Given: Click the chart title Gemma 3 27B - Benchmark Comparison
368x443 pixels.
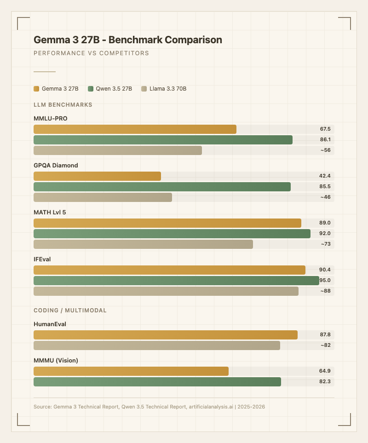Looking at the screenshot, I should [128, 40].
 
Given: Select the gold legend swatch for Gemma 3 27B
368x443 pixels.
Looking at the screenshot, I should [36, 89].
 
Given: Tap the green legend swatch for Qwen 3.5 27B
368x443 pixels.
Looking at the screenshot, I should [91, 89].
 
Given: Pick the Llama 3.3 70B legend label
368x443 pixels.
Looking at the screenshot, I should [167, 89].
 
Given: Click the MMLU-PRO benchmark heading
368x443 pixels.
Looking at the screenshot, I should [51, 118].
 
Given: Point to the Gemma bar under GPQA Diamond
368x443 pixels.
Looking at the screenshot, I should [97, 176].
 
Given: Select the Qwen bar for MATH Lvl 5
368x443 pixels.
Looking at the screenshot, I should [172, 234].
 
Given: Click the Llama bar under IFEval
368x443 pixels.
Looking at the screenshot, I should [166, 291].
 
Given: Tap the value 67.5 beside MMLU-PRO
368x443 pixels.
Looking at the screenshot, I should [325, 129].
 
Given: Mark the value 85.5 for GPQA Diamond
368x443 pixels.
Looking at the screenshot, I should [325, 187].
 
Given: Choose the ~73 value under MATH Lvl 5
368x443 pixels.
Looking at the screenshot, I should [326, 244].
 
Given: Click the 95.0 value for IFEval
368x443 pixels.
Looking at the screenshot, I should [325, 281].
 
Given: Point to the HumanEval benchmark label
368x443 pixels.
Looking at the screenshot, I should [50, 324].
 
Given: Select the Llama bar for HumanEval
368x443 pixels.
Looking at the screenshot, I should [157, 345].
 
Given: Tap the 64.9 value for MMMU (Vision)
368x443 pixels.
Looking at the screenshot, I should [325, 371].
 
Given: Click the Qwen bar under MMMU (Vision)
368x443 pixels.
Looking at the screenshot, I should [157, 382].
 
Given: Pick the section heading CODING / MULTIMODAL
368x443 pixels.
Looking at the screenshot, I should [70, 311].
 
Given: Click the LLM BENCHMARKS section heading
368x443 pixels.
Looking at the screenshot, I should [63, 105].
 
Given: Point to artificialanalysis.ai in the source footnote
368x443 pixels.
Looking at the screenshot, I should [210, 407].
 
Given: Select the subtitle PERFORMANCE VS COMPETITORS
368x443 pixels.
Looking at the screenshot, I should [91, 53].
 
